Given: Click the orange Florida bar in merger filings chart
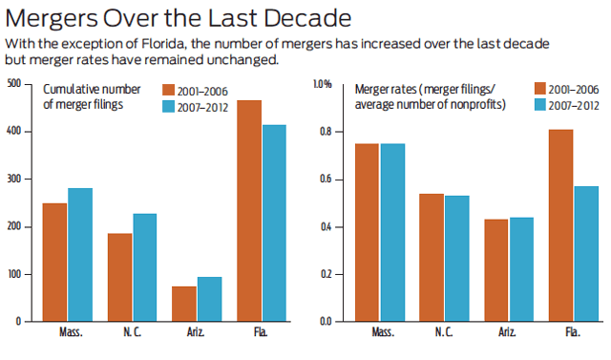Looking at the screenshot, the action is (249, 211).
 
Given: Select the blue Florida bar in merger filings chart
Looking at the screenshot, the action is (274, 223).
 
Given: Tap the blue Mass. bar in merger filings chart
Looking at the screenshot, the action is (80, 255).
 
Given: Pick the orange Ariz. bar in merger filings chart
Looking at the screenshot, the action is (184, 304).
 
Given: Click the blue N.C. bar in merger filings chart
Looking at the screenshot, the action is (145, 267).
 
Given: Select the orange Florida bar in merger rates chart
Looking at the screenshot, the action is (560, 225).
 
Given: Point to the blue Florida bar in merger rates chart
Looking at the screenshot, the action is (586, 254).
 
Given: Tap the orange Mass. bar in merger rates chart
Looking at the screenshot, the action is (367, 233).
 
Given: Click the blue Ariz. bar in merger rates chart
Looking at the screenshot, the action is (522, 269).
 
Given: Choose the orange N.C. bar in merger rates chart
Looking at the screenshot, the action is (432, 258).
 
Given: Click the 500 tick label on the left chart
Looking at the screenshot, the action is (14, 84).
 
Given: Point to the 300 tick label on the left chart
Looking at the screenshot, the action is (14, 179).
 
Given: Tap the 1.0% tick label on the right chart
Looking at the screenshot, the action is (323, 84).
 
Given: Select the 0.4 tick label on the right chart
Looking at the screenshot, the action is (326, 226).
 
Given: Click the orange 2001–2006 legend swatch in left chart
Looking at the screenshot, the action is (168, 90).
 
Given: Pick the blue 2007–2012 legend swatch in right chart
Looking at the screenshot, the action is (540, 105).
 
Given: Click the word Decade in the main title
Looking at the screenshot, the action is (307, 18).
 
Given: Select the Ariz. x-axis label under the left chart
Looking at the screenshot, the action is (196, 332).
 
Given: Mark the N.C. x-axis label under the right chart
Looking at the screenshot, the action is (444, 332).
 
